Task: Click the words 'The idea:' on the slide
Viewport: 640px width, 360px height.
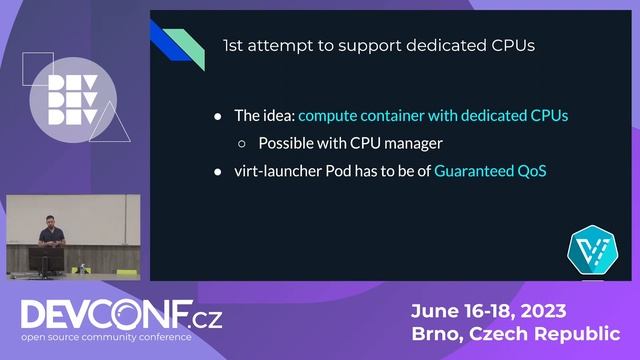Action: (x=264, y=116)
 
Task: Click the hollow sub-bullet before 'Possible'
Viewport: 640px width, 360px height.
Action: (x=242, y=143)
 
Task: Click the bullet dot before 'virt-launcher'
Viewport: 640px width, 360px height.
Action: (x=219, y=171)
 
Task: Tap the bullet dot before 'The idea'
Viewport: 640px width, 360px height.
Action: (x=219, y=116)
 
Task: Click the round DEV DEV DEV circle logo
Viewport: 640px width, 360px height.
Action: (x=73, y=100)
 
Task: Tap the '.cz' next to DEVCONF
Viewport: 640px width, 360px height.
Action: (x=206, y=320)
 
